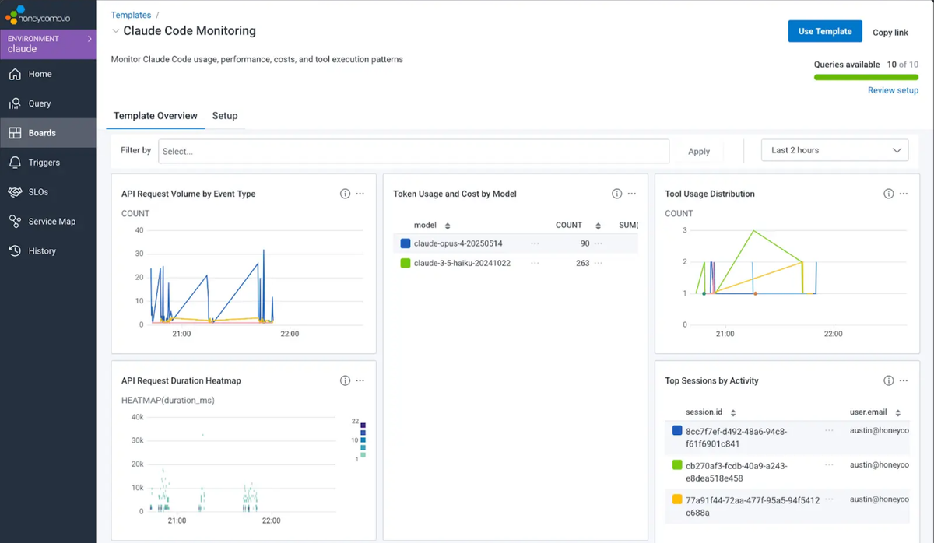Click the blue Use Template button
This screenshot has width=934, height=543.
pos(825,31)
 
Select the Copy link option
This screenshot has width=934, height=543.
pos(890,33)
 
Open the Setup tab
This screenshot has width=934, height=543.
pos(225,115)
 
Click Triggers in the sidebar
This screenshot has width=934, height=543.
pos(44,163)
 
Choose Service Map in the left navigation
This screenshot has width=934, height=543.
pos(51,221)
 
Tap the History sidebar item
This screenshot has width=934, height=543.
pos(42,250)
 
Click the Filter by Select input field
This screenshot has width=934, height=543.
pos(413,151)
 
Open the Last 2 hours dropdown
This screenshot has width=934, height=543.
pos(834,150)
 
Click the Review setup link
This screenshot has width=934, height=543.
pos(893,90)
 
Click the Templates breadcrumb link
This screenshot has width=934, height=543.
pos(131,15)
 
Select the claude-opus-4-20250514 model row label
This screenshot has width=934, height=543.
pos(458,243)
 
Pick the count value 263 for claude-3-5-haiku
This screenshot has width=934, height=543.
pos(582,263)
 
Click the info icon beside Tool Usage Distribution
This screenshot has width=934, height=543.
pos(889,194)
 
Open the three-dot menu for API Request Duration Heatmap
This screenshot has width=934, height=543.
pos(360,380)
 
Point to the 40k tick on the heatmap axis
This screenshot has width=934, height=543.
pos(137,417)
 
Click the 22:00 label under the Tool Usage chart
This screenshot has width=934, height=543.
pos(833,334)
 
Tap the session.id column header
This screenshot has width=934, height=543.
pos(704,412)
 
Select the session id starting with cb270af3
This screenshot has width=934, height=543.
pos(736,471)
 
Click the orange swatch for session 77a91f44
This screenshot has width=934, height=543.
pos(677,499)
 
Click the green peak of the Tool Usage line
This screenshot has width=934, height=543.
pos(753,230)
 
